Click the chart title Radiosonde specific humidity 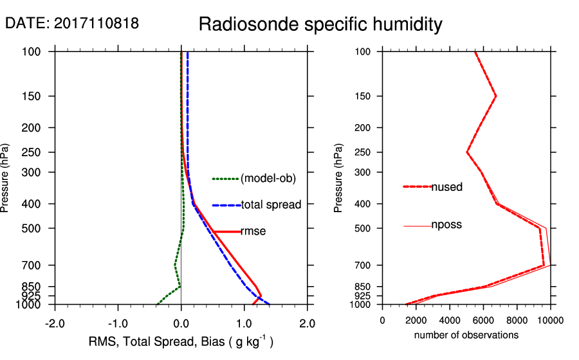pos(320,25)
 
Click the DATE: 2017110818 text pos(72,24)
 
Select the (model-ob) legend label pos(268,179)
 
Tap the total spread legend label pos(271,205)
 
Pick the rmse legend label pos(253,231)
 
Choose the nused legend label pos(446,187)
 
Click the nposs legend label pos(446,225)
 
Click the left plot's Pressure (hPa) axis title pos(6,177)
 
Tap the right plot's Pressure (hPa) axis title pos(339,178)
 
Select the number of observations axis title pos(466,335)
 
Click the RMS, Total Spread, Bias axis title pos(181,342)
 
